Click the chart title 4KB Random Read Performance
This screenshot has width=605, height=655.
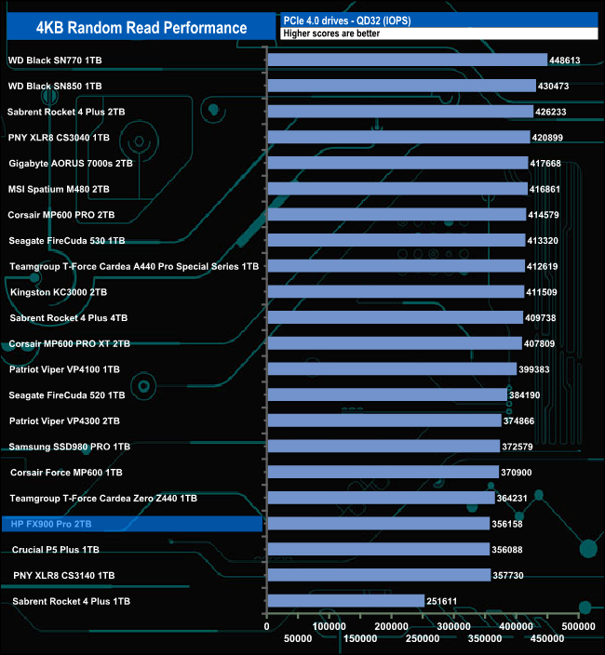[x=141, y=28]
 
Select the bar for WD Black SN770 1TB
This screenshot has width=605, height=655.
[x=407, y=60]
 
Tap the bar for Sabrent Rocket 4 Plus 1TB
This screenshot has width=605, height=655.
[x=345, y=601]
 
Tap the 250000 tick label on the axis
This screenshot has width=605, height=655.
[x=423, y=638]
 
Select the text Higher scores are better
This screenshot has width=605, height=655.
[x=331, y=33]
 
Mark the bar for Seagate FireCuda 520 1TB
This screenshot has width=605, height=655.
[x=387, y=395]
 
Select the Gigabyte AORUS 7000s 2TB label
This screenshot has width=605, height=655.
[x=67, y=163]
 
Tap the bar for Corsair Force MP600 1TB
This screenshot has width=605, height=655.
[x=383, y=473]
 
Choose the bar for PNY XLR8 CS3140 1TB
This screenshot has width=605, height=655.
[x=379, y=575]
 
